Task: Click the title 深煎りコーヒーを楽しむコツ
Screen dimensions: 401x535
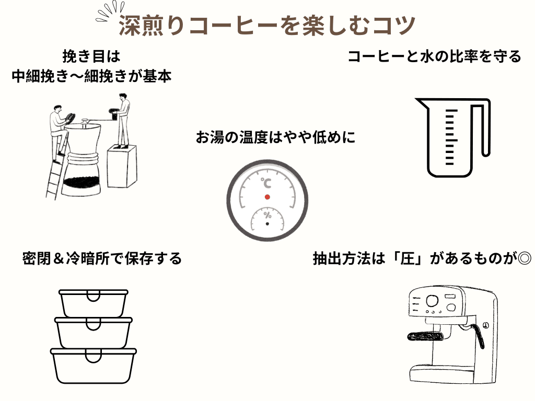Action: [266, 25]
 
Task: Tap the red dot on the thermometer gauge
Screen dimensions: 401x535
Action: [267, 197]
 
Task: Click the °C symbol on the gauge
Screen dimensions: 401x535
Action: [266, 183]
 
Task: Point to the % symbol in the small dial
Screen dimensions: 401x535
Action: [267, 215]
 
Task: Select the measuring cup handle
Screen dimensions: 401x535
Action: [484, 128]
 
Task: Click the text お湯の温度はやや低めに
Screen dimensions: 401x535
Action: [275, 138]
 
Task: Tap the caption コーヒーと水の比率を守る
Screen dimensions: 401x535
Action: [434, 56]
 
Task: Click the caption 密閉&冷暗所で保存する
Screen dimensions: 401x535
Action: [102, 258]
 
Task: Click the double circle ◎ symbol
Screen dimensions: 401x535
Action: [523, 258]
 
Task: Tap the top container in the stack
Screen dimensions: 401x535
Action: [93, 303]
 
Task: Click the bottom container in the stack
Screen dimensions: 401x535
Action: [93, 365]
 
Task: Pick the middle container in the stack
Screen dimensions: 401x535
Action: [93, 333]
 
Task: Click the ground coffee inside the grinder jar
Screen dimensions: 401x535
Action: [81, 183]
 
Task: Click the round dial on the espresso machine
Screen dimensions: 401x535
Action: [432, 301]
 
